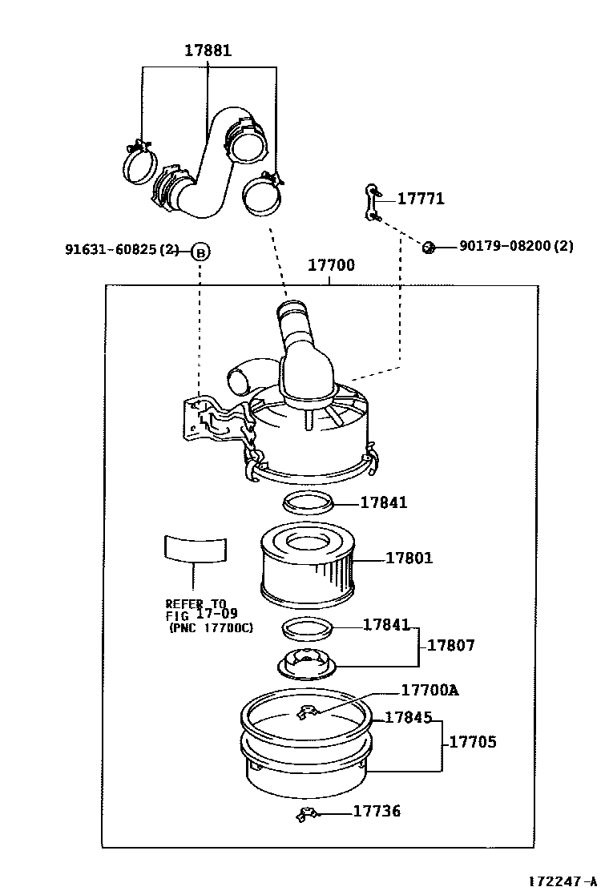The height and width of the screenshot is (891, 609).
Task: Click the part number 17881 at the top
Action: click(208, 50)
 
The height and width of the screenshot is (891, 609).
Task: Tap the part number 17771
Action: click(421, 199)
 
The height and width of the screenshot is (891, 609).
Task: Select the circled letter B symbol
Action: click(200, 252)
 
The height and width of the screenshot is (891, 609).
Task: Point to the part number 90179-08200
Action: click(516, 246)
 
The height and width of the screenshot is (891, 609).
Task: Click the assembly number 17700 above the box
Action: click(331, 265)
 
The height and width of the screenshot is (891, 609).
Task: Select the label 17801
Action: click(409, 558)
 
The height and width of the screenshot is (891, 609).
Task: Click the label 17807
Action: click(450, 645)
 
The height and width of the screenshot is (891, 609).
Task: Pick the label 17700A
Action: click(430, 691)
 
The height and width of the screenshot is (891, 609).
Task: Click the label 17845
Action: click(409, 718)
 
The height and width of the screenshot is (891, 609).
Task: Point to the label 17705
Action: click(472, 742)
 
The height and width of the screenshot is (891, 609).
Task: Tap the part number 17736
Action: click(377, 812)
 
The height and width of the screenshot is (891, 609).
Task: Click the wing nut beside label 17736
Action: click(306, 816)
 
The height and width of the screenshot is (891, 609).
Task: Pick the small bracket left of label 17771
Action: click(373, 201)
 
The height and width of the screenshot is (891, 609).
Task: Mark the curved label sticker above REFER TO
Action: click(195, 548)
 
